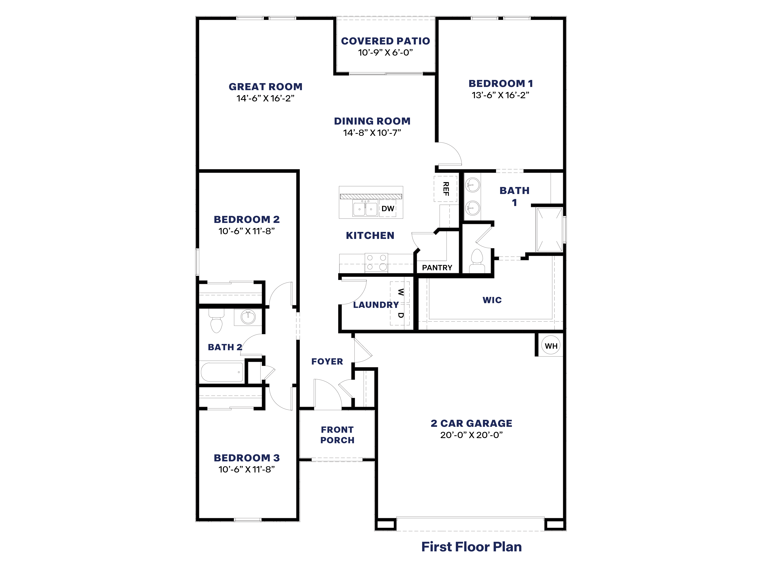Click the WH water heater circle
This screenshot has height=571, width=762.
550,345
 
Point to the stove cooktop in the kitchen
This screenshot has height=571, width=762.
376,262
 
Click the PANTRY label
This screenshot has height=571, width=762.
437,267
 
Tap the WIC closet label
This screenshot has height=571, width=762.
492,300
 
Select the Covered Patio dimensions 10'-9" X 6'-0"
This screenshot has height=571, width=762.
385,53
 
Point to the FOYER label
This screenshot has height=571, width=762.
327,361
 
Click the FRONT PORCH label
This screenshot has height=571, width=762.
337,435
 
